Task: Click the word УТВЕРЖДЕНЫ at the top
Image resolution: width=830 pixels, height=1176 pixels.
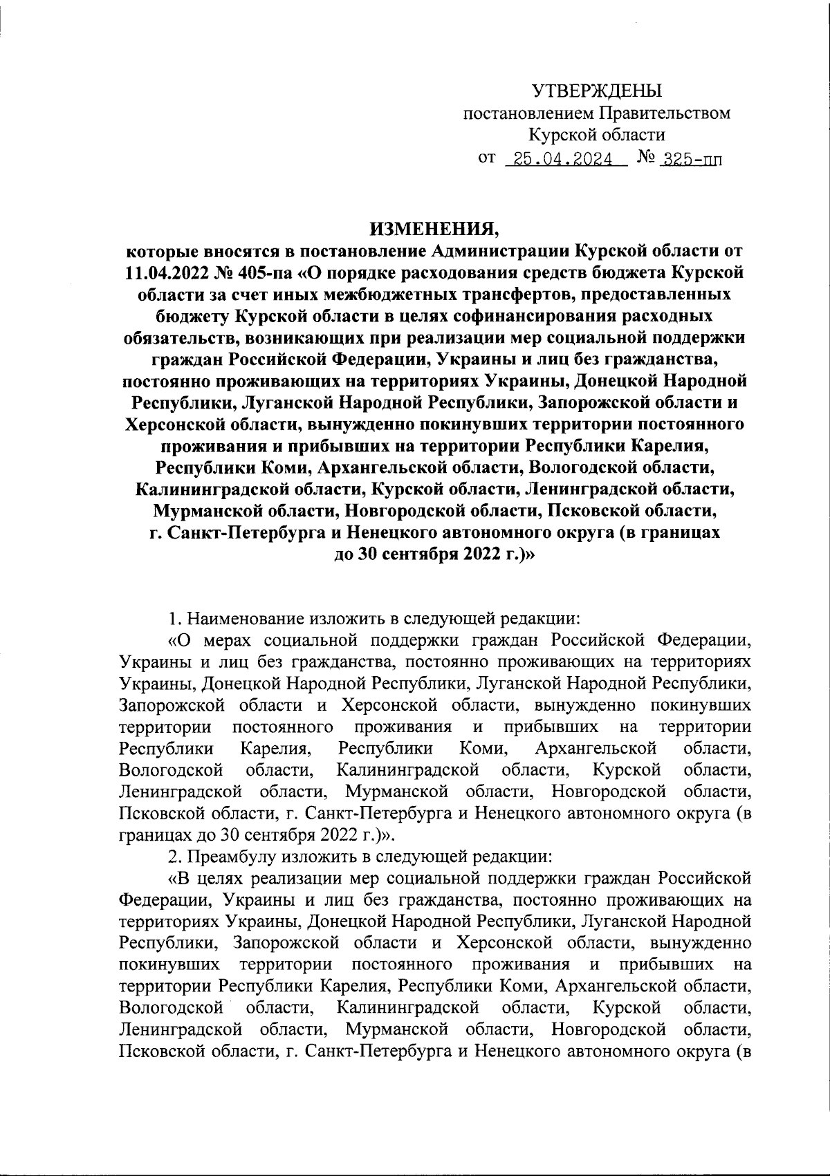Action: (x=596, y=91)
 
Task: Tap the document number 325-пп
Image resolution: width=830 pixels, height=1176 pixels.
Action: (x=689, y=160)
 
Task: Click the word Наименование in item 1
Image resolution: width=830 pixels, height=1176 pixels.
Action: (x=246, y=615)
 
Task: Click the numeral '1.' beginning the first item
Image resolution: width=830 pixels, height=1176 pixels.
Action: (x=175, y=615)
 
